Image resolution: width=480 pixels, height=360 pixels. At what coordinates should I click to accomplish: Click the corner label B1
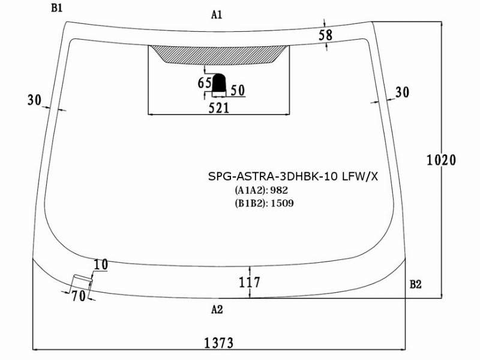pyautogui.click(x=56, y=8)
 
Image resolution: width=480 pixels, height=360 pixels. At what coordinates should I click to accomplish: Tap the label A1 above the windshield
pyautogui.click(x=217, y=14)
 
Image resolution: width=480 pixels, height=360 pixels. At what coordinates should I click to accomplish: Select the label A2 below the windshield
pyautogui.click(x=217, y=310)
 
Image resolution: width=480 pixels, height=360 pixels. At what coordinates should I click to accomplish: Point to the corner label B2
pyautogui.click(x=415, y=284)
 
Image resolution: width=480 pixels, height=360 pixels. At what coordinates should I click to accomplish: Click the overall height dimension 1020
pyautogui.click(x=441, y=160)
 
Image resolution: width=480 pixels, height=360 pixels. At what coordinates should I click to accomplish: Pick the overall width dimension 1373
pyautogui.click(x=218, y=343)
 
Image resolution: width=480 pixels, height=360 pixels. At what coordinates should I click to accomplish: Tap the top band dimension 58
pyautogui.click(x=325, y=35)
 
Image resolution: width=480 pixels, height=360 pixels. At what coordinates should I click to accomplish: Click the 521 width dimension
pyautogui.click(x=218, y=108)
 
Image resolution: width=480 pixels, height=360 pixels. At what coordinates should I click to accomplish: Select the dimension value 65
pyautogui.click(x=205, y=83)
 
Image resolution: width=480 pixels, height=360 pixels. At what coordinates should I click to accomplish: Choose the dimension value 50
pyautogui.click(x=238, y=91)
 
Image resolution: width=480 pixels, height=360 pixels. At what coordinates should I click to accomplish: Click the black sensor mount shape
pyautogui.click(x=219, y=83)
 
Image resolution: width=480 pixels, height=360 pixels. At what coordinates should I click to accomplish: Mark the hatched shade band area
pyautogui.click(x=218, y=54)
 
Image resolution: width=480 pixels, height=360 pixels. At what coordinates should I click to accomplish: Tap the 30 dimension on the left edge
pyautogui.click(x=34, y=100)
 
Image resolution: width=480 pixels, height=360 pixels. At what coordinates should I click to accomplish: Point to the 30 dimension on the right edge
pyautogui.click(x=402, y=92)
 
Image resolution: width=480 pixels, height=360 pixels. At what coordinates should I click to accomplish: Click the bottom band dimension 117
pyautogui.click(x=249, y=282)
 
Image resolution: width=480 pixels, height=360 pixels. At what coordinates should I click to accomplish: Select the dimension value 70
pyautogui.click(x=79, y=296)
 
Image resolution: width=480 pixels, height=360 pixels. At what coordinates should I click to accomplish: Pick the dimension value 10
pyautogui.click(x=100, y=265)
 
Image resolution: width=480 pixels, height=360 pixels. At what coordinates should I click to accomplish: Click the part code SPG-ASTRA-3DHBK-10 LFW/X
pyautogui.click(x=293, y=176)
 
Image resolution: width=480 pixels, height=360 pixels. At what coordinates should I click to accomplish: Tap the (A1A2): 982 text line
pyautogui.click(x=262, y=190)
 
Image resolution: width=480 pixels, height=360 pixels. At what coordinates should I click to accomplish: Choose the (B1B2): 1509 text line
pyautogui.click(x=264, y=203)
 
